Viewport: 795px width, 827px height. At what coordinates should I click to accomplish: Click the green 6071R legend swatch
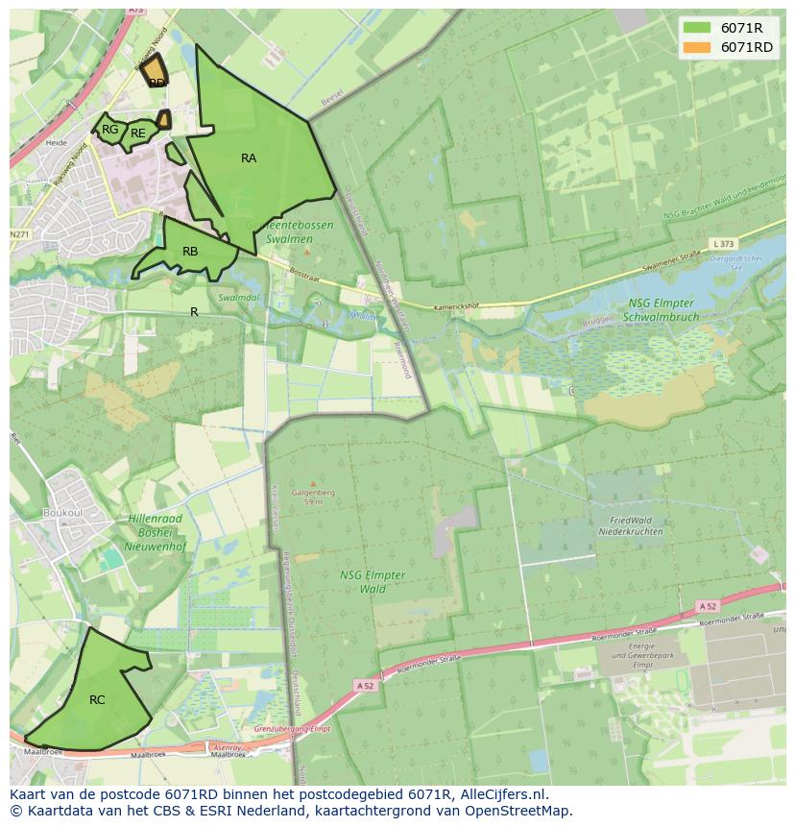coord(697,28)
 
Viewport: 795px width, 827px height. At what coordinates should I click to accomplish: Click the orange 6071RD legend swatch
coord(697,47)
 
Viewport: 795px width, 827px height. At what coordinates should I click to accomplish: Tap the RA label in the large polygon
coord(249,158)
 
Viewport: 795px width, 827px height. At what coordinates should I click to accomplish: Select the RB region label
coord(190,252)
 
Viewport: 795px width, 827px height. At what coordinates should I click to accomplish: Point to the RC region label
coord(97,700)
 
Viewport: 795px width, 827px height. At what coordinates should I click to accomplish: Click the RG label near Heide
coord(110,130)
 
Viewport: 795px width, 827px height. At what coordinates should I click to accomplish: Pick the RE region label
coord(138,134)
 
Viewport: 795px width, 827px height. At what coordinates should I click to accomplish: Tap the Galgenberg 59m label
coord(312,495)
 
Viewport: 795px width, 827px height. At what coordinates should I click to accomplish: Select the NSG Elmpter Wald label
coord(373,582)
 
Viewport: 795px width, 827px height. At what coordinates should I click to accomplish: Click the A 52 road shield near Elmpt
coord(708,606)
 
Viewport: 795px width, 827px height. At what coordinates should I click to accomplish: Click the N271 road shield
coord(19,234)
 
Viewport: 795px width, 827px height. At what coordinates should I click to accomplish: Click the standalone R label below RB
coord(194,312)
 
